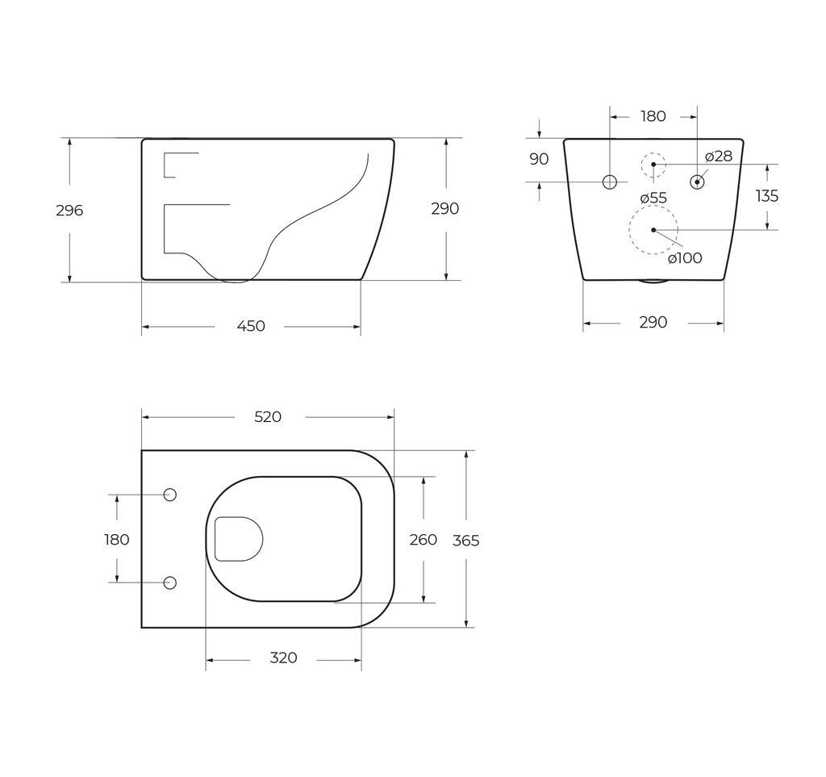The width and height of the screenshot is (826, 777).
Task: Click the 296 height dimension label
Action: [69, 211]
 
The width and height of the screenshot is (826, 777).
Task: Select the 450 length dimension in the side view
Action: [251, 326]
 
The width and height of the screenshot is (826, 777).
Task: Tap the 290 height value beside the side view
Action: [444, 209]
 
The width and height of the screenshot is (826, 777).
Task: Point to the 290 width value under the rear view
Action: [653, 323]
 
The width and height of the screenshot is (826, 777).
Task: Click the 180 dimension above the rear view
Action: [653, 116]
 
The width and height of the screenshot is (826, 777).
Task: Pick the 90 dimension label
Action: [539, 159]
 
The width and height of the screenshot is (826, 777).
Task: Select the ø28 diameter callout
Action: [718, 156]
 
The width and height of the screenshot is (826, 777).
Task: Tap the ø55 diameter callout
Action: [653, 198]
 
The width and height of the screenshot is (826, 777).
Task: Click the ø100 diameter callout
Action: [685, 257]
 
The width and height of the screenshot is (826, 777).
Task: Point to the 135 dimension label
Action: [766, 196]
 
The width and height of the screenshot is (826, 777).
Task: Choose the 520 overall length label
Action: [268, 417]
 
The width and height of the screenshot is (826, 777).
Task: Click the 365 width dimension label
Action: [465, 541]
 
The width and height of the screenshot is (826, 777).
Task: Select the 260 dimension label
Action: [423, 540]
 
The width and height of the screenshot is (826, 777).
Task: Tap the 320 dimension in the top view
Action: [283, 658]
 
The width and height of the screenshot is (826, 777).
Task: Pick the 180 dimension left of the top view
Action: [117, 540]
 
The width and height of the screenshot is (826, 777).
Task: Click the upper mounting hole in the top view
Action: [170, 495]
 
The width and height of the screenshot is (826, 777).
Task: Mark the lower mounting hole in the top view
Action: [170, 583]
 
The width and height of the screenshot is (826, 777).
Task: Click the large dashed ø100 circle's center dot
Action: [653, 230]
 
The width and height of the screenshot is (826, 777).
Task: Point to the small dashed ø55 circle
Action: [653, 165]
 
